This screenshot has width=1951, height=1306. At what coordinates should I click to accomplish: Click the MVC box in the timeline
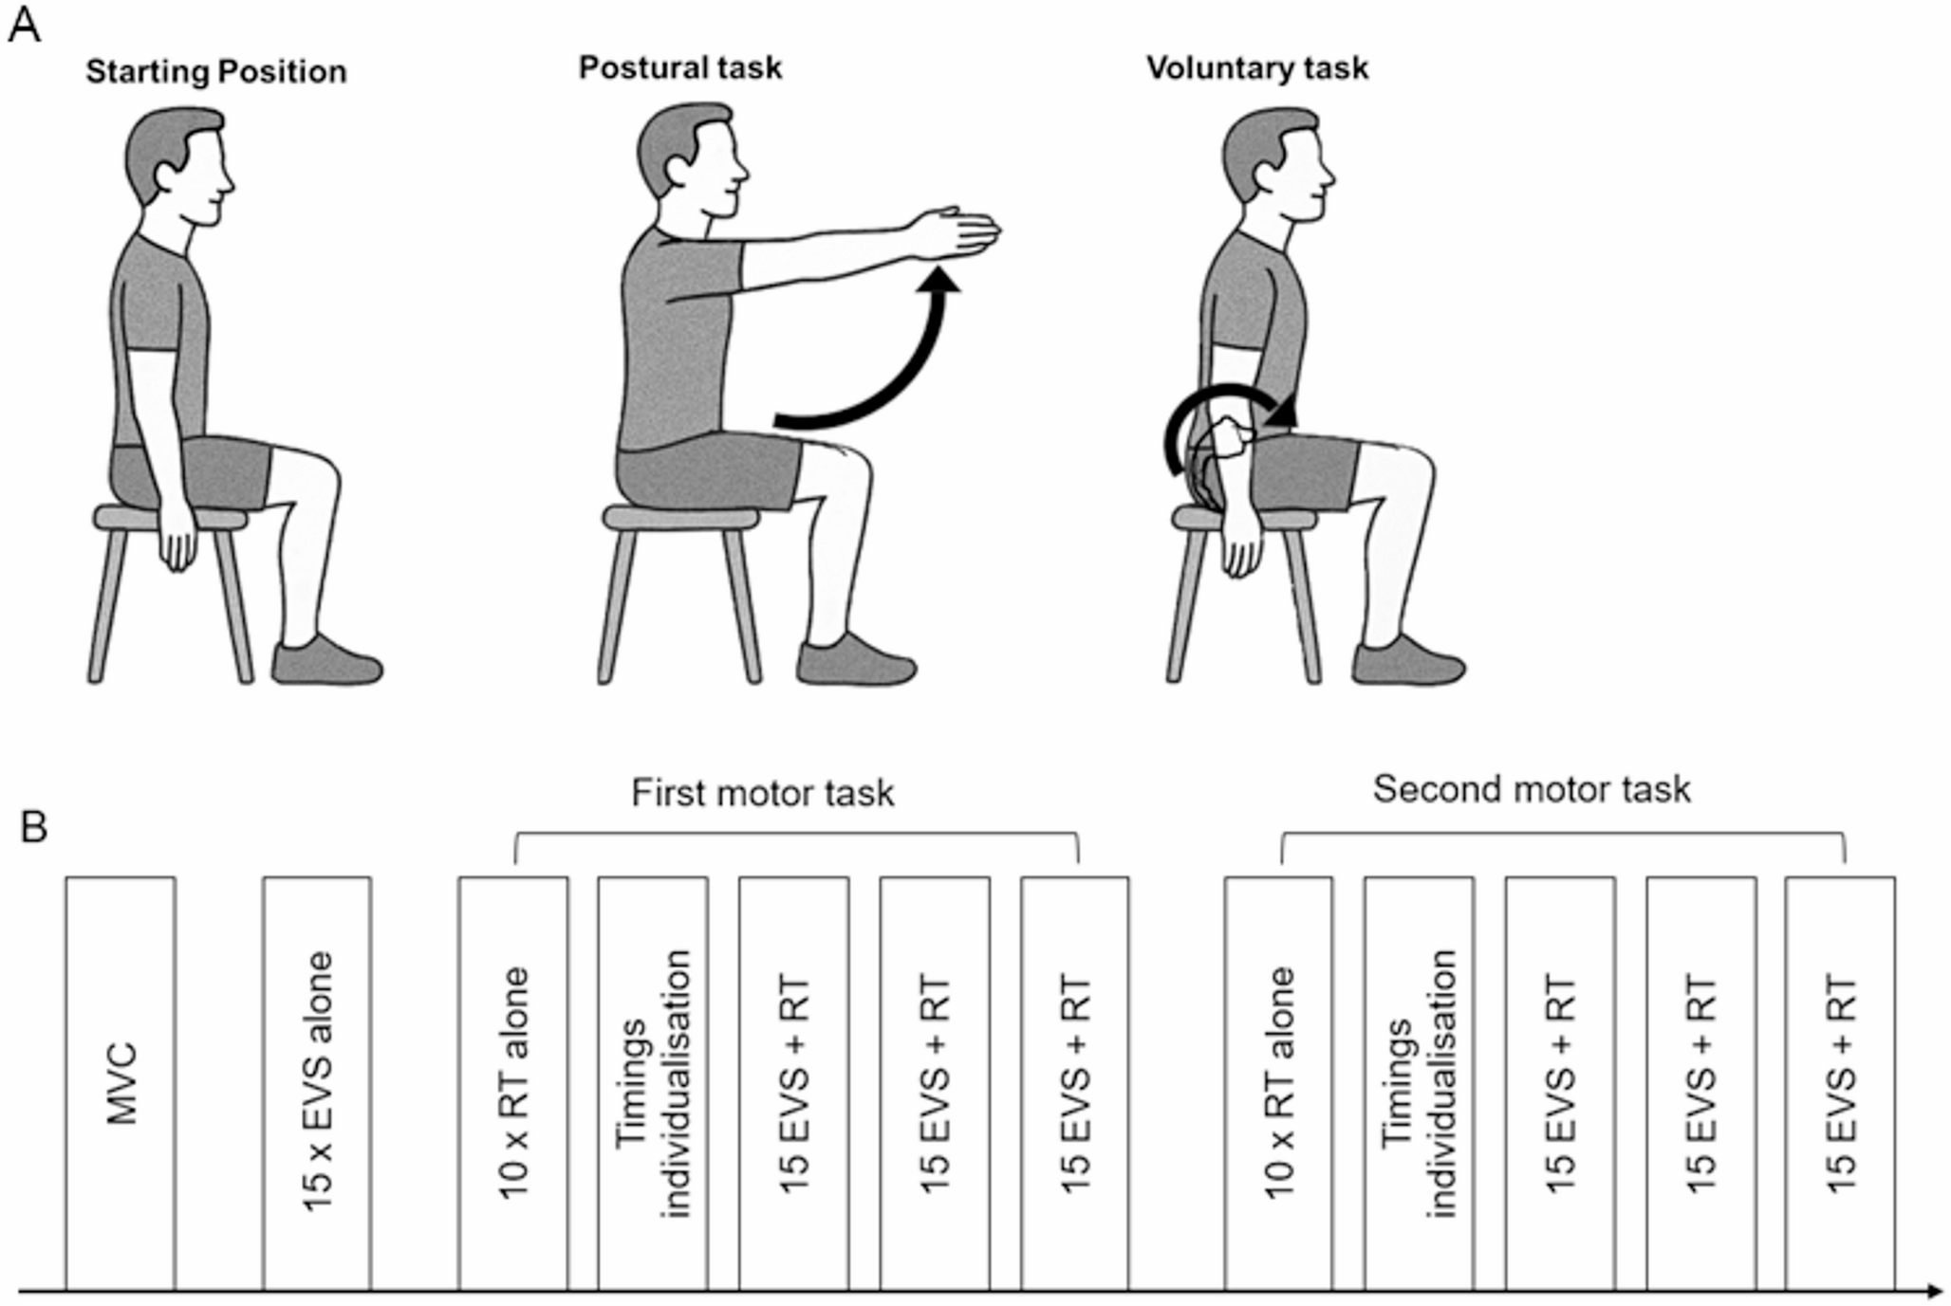[121, 1082]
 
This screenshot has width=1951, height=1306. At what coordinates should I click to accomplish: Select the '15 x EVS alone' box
[317, 1082]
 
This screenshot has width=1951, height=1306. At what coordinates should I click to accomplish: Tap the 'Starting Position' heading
[216, 72]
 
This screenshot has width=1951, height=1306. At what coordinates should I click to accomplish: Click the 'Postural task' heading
[680, 68]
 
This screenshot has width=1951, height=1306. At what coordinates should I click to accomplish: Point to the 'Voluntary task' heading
[1257, 68]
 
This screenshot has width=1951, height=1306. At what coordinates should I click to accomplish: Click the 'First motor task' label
[763, 793]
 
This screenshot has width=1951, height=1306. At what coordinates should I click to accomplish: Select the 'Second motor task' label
[1532, 789]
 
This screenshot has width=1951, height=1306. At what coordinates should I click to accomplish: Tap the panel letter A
[24, 27]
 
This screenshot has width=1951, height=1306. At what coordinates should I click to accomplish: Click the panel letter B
[34, 828]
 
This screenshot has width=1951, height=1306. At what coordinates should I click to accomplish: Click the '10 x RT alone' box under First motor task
[513, 1082]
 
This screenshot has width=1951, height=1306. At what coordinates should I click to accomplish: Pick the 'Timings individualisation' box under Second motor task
[1419, 1082]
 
